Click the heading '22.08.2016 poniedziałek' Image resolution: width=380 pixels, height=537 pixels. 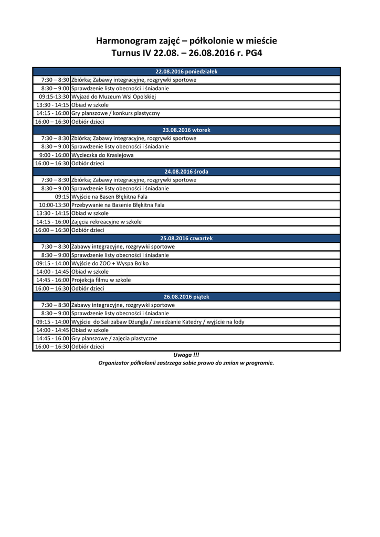pos(186,71)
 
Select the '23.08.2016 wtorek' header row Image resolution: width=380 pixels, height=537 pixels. pos(186,130)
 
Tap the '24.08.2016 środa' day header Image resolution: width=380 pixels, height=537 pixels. pos(186,171)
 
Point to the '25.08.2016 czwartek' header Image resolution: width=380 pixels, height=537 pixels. pos(186,238)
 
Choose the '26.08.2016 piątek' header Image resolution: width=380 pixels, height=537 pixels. pos(186,297)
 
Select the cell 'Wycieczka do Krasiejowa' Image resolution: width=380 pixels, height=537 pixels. pos(102,155)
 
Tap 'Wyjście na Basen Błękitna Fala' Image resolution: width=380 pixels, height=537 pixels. pos(109,197)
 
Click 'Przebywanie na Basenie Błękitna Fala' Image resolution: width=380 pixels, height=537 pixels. pos(118,205)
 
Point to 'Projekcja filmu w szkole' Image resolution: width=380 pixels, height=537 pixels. pos(101,280)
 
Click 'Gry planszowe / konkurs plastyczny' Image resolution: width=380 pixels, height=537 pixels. pos(115,113)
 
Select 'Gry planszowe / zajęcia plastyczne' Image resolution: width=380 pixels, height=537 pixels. pos(114,338)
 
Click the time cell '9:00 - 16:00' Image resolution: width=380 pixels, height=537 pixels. pos(54,155)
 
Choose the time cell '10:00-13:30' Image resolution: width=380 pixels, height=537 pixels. pos(54,205)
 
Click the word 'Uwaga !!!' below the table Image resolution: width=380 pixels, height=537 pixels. pos(186,355)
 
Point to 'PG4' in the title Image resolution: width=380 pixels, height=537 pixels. pos(251,53)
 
